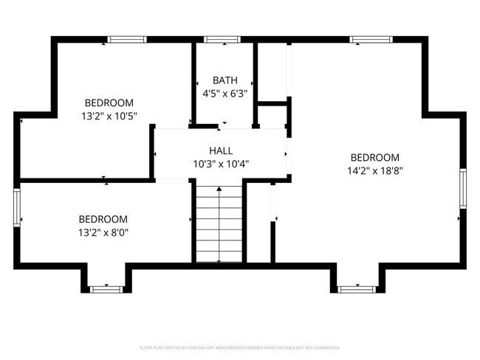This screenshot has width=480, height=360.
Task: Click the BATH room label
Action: [x=224, y=80]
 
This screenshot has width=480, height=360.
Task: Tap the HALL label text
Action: [x=221, y=150]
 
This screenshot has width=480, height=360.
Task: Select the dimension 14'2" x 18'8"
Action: [x=375, y=170]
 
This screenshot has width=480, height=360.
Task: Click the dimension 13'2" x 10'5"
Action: [x=109, y=116]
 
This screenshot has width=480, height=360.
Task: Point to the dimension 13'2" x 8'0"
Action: [x=103, y=232]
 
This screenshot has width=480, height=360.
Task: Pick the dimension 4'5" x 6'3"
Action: [x=224, y=94]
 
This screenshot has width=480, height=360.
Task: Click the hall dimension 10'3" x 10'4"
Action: [x=221, y=164]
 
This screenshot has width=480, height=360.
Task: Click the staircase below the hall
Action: [x=219, y=224]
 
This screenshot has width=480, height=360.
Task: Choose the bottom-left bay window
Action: [x=106, y=289]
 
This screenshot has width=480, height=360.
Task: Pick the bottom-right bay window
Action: [x=357, y=289]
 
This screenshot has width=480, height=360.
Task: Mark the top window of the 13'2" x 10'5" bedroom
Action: [x=127, y=40]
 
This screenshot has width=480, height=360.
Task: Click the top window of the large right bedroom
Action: [x=370, y=40]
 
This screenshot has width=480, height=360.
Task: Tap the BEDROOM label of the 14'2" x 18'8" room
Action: [x=375, y=157]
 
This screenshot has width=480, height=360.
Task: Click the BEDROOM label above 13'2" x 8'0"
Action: [x=103, y=219]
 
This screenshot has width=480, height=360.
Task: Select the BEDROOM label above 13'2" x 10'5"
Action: [x=109, y=103]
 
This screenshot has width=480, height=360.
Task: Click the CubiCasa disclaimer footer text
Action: [x=239, y=347]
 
